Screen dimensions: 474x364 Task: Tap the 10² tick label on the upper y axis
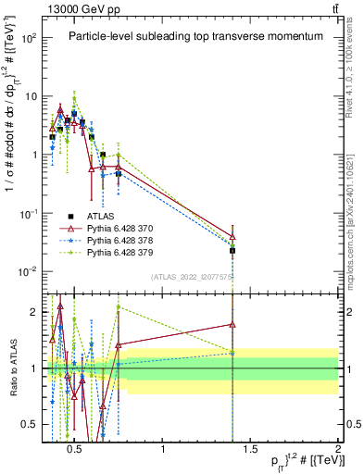(29, 38)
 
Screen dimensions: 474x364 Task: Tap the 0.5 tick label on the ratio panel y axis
(30, 424)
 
